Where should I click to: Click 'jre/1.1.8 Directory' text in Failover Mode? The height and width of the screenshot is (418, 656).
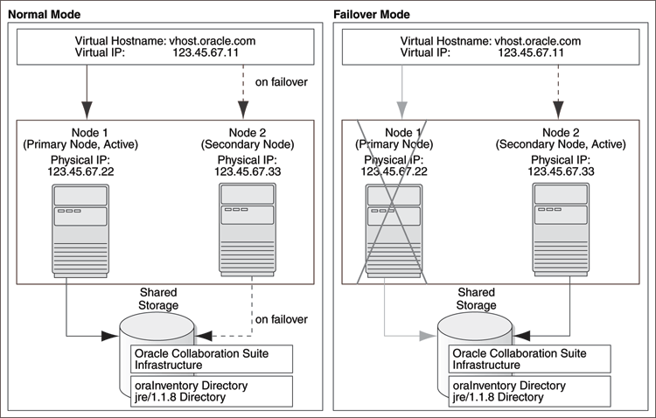click(x=498, y=397)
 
